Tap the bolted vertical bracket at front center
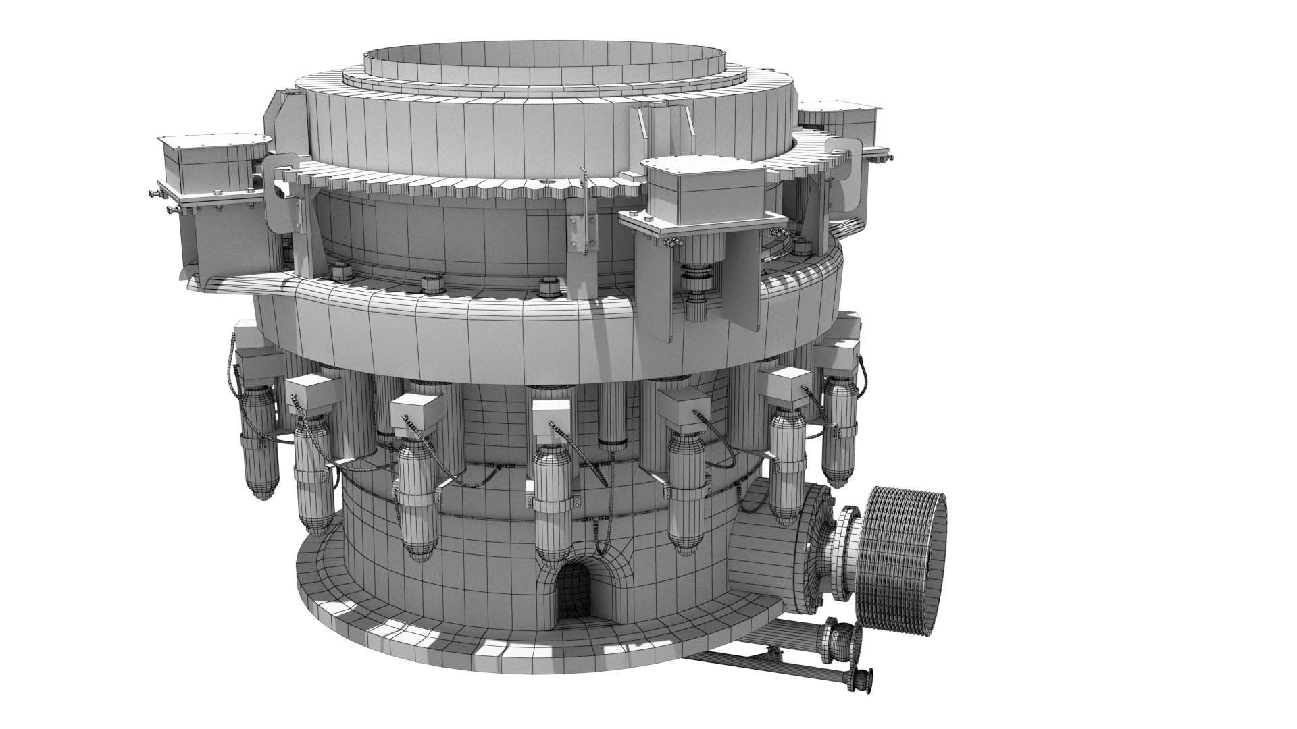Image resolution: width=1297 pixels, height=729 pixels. (x=578, y=233)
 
